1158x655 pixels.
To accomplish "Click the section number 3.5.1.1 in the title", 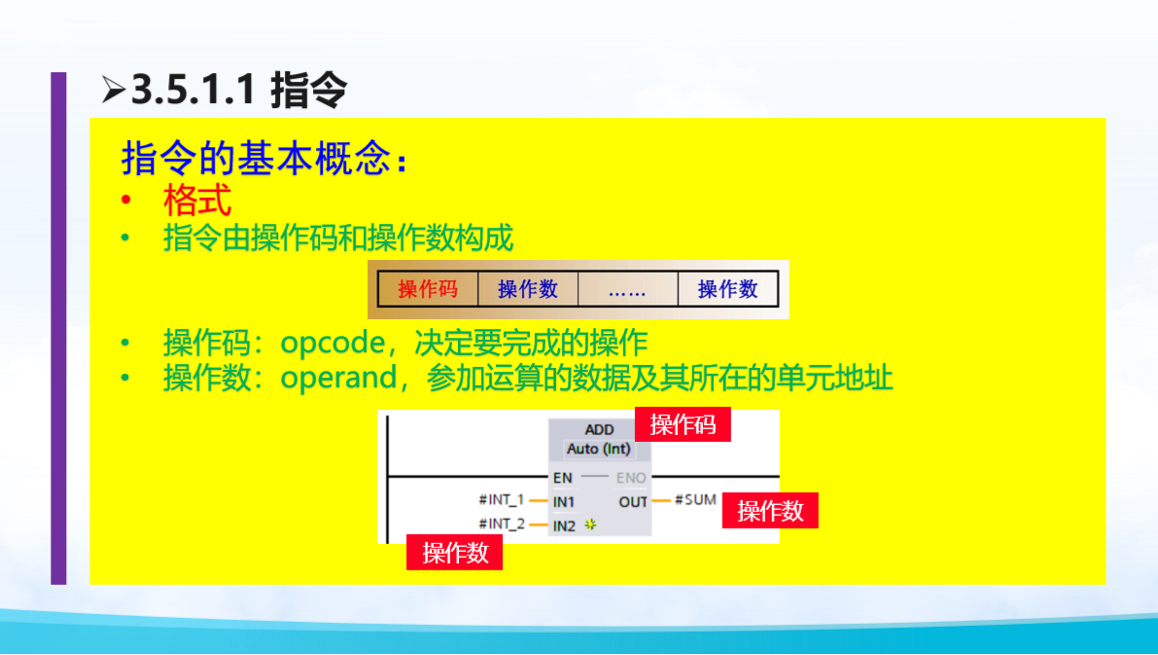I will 193,91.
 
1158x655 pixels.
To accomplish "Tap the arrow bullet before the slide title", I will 113,91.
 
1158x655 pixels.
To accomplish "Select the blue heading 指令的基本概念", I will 258,158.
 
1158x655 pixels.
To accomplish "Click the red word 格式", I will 197,201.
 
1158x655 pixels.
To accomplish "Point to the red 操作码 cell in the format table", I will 427,289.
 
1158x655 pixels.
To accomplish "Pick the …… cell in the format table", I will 627,289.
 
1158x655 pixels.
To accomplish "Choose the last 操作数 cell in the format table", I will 727,289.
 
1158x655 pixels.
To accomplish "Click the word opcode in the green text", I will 334,343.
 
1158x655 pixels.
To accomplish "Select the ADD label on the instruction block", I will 599,429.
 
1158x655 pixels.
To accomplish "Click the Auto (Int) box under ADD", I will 599,449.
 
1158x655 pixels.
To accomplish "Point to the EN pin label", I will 563,478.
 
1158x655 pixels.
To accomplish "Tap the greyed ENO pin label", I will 631,478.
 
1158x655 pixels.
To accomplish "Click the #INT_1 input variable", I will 501,500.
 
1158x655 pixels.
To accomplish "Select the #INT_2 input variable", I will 501,525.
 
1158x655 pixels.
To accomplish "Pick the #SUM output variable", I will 695,500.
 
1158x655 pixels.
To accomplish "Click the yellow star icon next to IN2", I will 589,526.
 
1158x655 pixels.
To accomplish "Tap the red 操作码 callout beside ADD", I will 683,424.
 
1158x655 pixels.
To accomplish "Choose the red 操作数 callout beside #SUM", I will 770,511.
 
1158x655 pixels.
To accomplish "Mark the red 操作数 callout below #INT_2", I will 455,553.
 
